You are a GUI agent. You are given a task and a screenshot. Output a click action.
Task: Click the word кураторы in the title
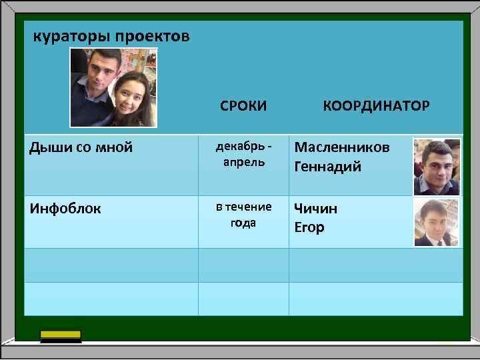[x=71, y=36]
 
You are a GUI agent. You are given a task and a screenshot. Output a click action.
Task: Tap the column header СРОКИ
[x=243, y=105]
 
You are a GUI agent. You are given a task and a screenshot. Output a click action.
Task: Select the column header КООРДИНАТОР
[x=376, y=105]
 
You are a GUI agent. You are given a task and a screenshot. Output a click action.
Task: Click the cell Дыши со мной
[x=81, y=147]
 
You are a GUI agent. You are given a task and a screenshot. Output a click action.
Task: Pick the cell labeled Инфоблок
[x=65, y=209]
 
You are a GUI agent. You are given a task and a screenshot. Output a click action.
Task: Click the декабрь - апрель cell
[x=243, y=154]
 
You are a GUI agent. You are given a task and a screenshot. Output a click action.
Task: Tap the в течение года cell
[x=243, y=215]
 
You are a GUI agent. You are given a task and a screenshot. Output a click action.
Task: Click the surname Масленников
[x=342, y=147]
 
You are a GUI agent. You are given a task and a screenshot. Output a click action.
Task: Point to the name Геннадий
[x=328, y=166]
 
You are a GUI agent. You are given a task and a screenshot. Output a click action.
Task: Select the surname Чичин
[x=316, y=208]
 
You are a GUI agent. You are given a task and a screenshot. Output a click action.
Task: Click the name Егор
[x=309, y=227]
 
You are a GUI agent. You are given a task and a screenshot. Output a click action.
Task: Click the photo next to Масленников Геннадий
[x=437, y=166]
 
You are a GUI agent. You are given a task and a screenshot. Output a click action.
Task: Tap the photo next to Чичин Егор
[x=437, y=222]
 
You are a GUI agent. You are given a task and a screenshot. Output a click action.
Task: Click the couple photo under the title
[x=113, y=87]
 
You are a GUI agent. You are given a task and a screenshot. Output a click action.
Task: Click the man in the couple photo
[x=97, y=80]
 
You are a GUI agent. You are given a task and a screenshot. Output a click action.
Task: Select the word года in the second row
[x=243, y=223]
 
